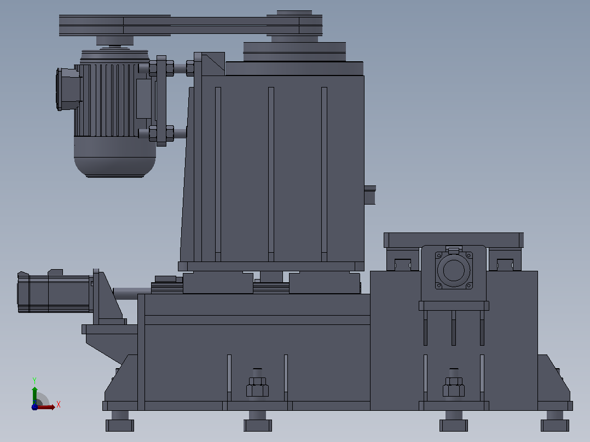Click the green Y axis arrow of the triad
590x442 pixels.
coord(34,395)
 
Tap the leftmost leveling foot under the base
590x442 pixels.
coord(120,421)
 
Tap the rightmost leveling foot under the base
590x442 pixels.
coord(555,421)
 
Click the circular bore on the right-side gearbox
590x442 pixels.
coord(453,270)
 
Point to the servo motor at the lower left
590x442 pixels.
coord(55,291)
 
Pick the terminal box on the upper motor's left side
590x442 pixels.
coord(68,89)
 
